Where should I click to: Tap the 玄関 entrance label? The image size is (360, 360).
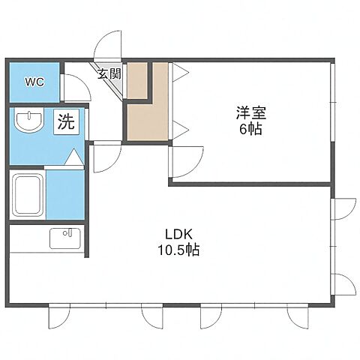click(x=108, y=73)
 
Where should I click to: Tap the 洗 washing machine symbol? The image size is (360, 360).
click(x=66, y=121)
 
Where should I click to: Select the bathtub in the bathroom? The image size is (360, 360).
click(x=28, y=197)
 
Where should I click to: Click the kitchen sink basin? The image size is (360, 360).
click(x=65, y=238)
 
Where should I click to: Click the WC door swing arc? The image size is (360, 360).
click(x=73, y=88)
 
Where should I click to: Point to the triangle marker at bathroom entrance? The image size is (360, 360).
click(x=74, y=158)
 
